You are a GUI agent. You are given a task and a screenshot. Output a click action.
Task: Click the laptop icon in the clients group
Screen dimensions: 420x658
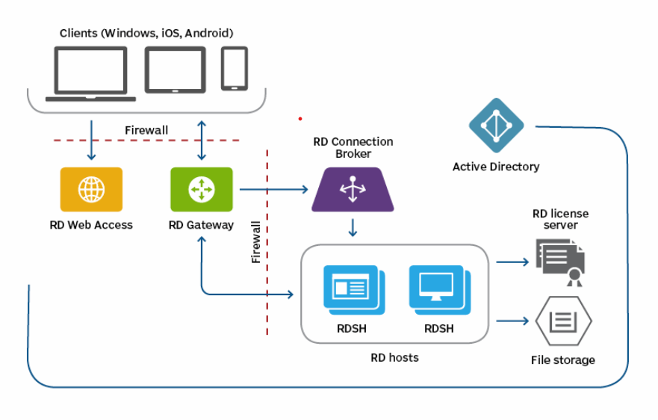(90, 73)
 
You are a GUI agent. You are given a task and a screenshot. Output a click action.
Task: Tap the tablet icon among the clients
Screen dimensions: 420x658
(175, 70)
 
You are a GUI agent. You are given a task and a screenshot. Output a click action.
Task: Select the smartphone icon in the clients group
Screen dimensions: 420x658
(234, 68)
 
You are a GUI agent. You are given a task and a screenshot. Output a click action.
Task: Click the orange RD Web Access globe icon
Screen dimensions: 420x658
(91, 189)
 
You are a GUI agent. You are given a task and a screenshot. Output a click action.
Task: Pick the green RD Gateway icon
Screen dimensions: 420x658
(201, 189)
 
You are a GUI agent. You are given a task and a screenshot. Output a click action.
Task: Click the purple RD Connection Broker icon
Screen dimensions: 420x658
(353, 189)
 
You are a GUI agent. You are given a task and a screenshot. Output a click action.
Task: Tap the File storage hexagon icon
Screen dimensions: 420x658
(563, 321)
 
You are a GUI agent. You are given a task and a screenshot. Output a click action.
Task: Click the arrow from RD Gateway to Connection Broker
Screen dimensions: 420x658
(273, 189)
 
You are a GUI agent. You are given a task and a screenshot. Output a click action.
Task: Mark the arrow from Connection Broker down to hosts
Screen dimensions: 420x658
(353, 226)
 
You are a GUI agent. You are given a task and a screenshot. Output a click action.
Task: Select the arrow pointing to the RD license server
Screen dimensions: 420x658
(512, 262)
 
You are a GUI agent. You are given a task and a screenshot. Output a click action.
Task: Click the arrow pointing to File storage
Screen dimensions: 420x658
(512, 321)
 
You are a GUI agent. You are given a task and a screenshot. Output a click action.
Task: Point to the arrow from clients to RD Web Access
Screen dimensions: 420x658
(91, 140)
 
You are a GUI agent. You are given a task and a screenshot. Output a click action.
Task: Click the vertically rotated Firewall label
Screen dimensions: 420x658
(256, 241)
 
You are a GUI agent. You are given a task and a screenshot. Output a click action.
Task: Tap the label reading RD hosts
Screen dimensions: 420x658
(394, 357)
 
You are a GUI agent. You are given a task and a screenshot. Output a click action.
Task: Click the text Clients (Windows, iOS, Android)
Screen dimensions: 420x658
(146, 33)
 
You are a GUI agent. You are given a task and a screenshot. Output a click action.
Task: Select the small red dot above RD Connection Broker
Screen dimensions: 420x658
(300, 118)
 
